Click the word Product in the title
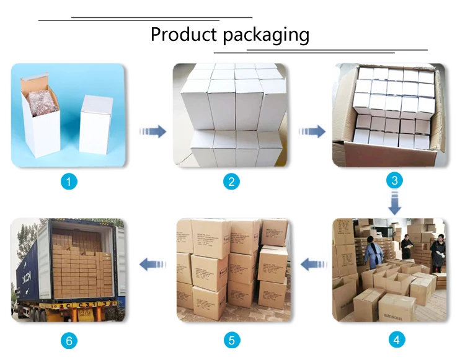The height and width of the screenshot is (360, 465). [183, 34]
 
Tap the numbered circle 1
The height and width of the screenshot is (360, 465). [69, 182]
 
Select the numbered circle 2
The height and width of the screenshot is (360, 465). [231, 182]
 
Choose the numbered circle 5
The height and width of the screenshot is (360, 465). [232, 340]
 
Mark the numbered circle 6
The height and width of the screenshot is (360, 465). [69, 340]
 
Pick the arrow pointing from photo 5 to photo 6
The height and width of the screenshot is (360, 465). [153, 265]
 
